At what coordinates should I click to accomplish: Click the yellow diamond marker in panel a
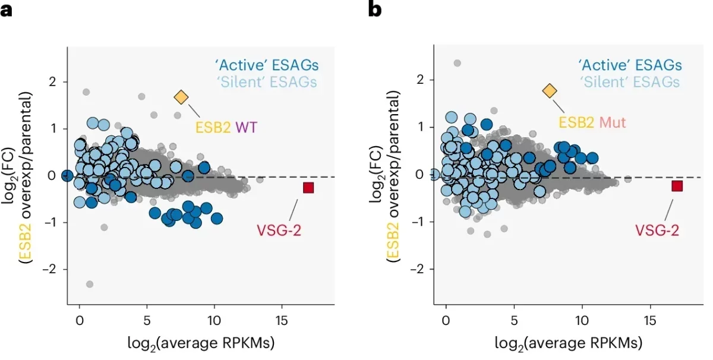pos(181,97)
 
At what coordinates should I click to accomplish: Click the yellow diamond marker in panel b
pos(550,90)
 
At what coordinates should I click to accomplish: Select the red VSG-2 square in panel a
pos(308,188)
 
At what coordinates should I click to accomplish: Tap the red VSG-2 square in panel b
pos(677,186)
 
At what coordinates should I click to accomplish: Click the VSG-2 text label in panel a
pos(279,229)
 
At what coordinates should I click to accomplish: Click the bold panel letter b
pos(375,10)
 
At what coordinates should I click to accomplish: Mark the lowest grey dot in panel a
pos(90,284)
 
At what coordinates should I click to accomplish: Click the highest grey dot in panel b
pos(457,63)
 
